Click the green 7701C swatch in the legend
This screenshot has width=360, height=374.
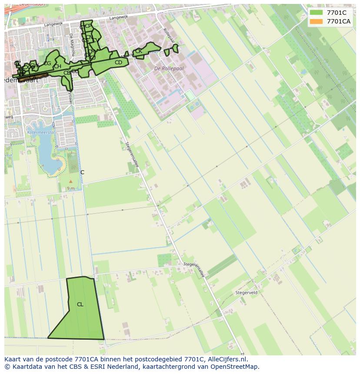tap(316, 13)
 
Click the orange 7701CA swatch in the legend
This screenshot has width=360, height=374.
tap(316, 21)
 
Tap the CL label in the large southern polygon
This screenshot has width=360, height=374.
tap(80, 304)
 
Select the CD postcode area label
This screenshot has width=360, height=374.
tap(118, 63)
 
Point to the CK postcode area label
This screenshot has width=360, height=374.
tap(139, 51)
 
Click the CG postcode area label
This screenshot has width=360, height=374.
tap(47, 63)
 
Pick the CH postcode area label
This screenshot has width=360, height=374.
tap(57, 66)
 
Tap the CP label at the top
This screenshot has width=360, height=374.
tap(89, 26)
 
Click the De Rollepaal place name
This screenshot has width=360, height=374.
tap(169, 69)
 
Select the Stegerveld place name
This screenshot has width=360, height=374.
tap(246, 293)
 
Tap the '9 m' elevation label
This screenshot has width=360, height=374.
tap(71, 188)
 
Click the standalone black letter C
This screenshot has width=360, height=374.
tap(82, 172)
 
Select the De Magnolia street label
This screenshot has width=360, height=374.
tap(72, 45)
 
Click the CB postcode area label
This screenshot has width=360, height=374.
tap(67, 73)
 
